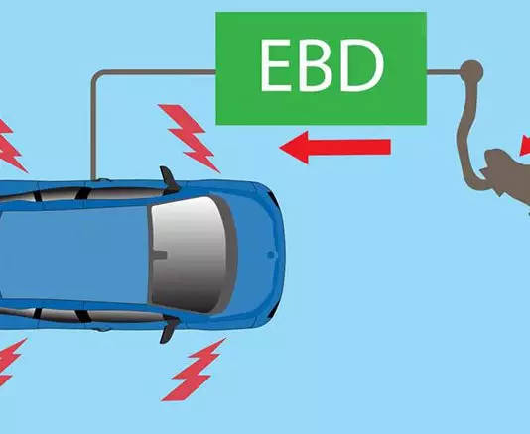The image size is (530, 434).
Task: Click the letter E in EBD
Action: [x=276, y=65]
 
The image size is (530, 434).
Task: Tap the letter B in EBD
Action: [x=320, y=65]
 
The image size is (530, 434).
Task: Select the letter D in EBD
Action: [x=361, y=65]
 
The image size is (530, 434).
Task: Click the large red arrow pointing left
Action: [x=334, y=148]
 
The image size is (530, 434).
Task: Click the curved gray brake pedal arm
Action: [x=466, y=135]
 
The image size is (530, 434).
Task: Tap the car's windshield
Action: [x=190, y=255]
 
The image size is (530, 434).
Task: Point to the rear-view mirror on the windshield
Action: [x=158, y=255]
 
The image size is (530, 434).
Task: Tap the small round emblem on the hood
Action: [x=270, y=254]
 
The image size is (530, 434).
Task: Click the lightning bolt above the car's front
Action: [x=190, y=138]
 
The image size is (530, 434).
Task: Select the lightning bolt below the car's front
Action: [x=194, y=370]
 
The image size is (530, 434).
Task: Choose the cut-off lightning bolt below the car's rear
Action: [x=10, y=363]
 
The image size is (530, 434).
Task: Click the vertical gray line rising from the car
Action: [x=93, y=128]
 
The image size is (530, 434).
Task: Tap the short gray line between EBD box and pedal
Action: [x=444, y=72]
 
